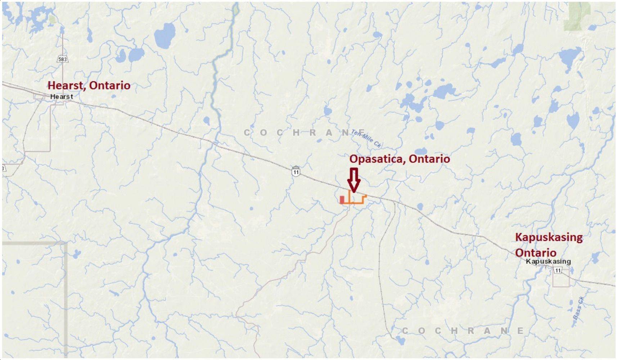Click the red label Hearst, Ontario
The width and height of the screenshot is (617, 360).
(x=89, y=85)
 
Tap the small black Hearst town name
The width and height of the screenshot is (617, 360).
(x=62, y=96)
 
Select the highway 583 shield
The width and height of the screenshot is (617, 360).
(x=63, y=59)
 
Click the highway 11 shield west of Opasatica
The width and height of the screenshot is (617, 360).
(x=296, y=172)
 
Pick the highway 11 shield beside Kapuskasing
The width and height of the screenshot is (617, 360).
(x=558, y=270)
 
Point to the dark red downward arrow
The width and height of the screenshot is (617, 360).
(x=354, y=180)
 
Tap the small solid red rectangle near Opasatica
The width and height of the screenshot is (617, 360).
(x=342, y=200)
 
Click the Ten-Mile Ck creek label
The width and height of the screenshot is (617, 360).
(x=366, y=139)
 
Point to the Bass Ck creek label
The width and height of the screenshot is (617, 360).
(x=578, y=308)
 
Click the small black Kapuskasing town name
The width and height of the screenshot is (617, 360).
(x=548, y=261)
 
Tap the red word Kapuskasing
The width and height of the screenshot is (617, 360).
(x=549, y=237)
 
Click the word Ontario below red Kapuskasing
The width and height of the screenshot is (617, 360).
(x=536, y=252)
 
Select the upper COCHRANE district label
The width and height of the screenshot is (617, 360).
(x=305, y=132)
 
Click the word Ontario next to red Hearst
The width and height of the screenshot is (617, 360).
(x=110, y=85)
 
